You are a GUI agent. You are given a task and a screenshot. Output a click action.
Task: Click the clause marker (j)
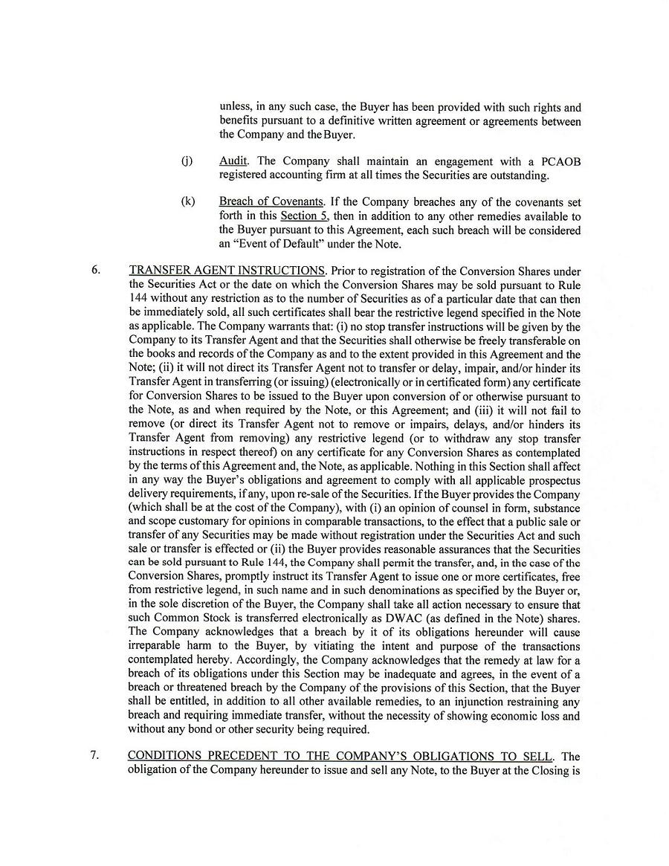[x=186, y=161]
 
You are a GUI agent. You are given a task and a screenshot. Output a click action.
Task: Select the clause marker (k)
[x=187, y=202]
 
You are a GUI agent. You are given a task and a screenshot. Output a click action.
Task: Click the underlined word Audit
[x=233, y=161]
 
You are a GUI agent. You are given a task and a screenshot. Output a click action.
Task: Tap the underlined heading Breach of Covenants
[x=271, y=202]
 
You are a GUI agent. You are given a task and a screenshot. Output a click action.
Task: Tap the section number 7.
[x=94, y=756]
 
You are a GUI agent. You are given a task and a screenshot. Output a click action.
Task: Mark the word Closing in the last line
[x=546, y=771]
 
